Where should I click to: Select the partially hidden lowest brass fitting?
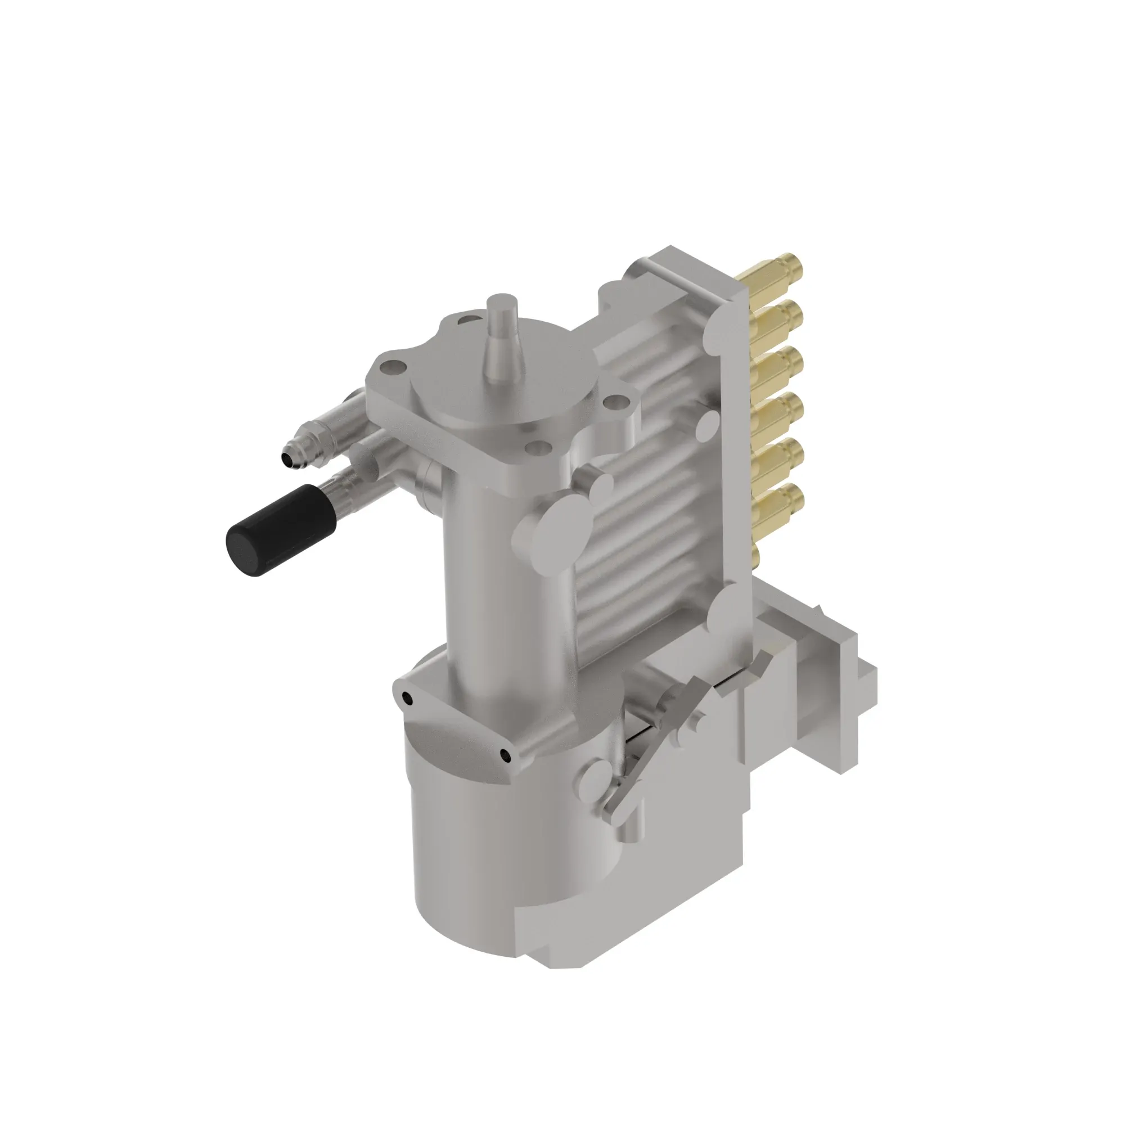tap(756, 552)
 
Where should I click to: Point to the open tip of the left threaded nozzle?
tap(289, 460)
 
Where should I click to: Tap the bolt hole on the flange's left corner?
tap(391, 368)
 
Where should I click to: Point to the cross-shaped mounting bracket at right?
tap(827, 681)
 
